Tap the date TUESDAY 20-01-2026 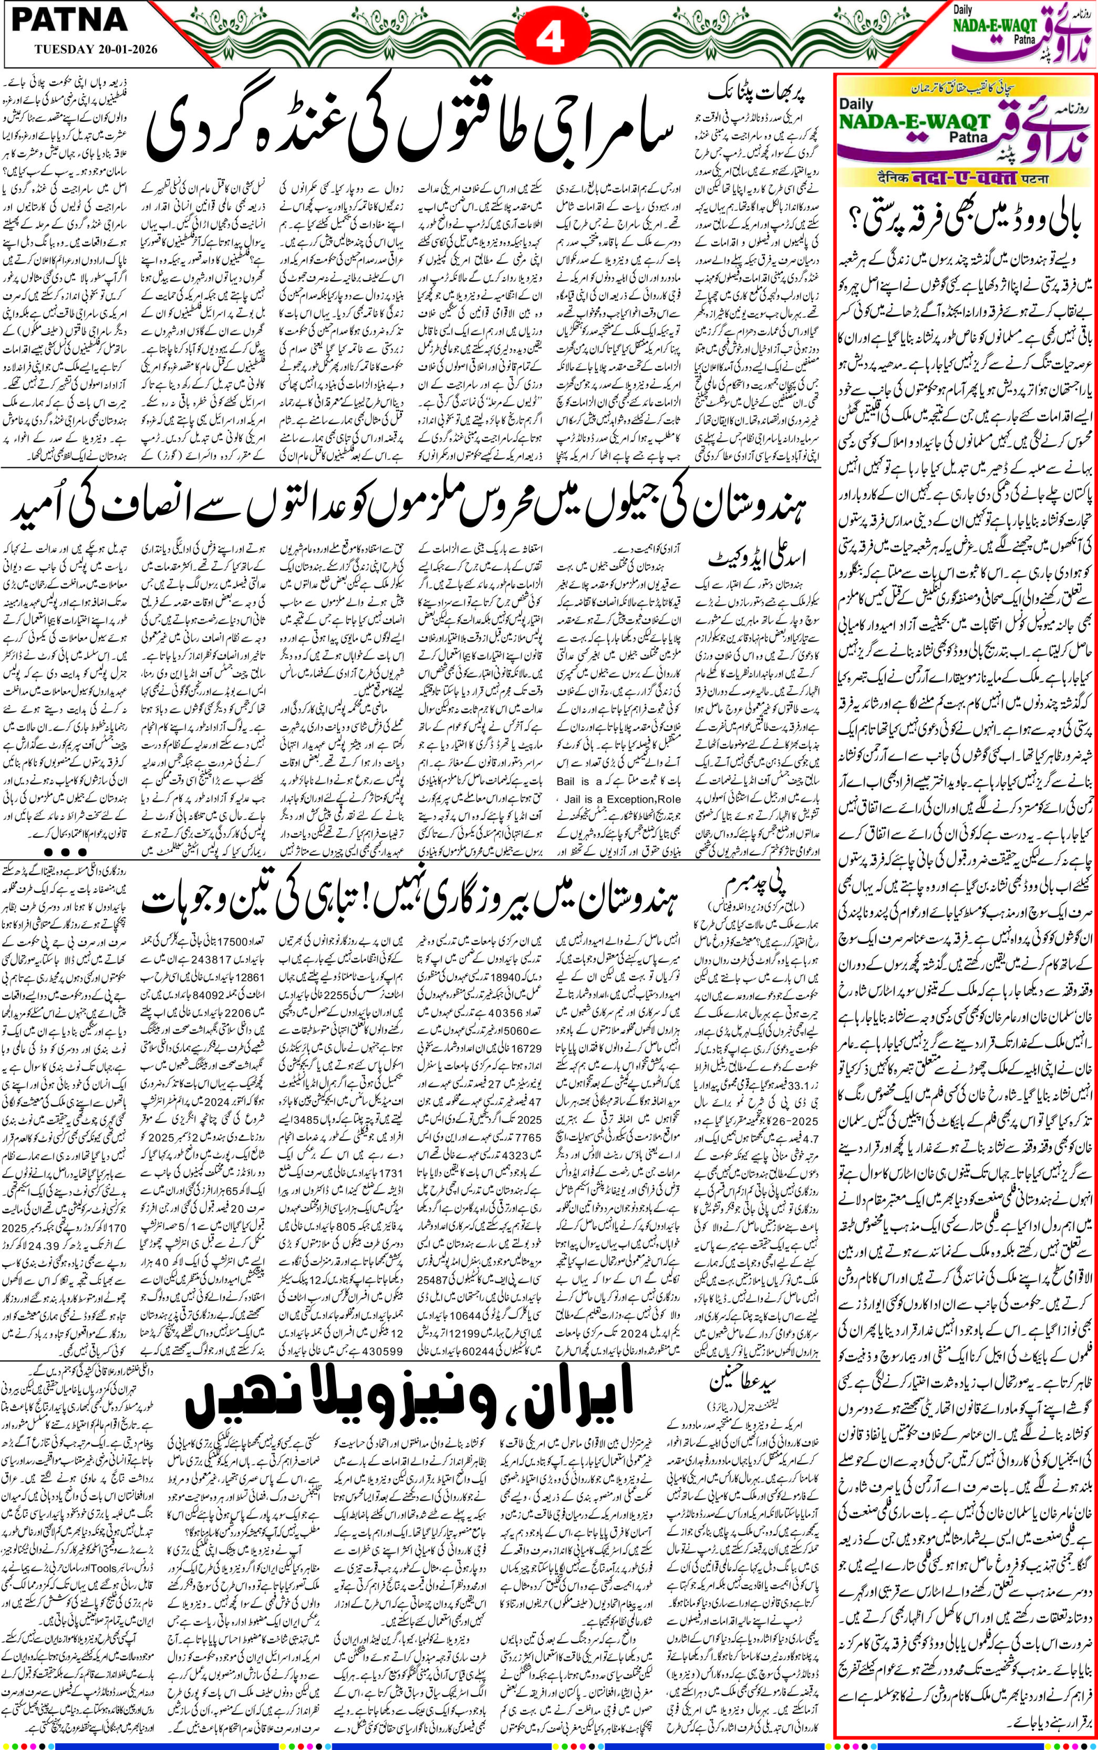95,50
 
